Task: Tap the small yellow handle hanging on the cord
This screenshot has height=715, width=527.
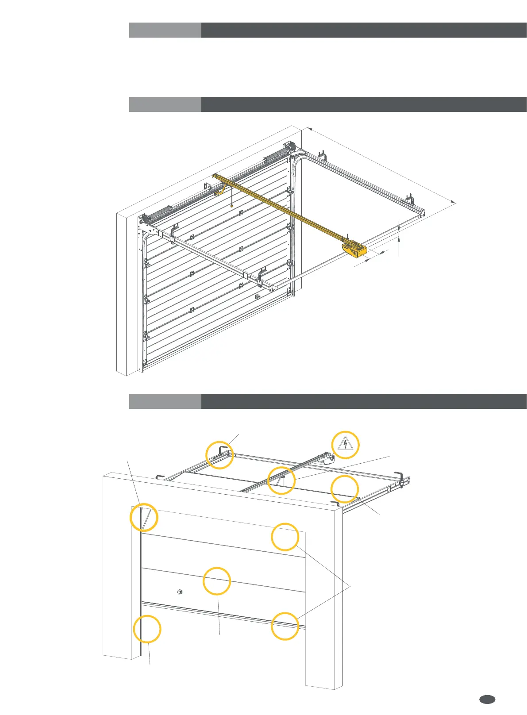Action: tap(232, 205)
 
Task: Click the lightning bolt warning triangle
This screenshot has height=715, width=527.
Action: tap(345, 444)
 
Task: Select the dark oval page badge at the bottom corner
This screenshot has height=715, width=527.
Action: tap(487, 699)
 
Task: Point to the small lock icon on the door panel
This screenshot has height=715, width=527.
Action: tap(180, 592)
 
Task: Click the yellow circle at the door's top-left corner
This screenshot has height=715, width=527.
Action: tap(144, 517)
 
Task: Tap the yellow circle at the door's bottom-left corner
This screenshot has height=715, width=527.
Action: tap(147, 629)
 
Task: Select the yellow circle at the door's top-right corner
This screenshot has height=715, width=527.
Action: tap(285, 537)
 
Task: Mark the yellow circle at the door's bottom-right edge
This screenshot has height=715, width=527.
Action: tap(285, 626)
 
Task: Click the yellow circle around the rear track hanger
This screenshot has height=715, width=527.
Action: tap(219, 455)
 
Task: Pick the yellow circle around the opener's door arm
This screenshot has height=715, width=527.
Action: tap(281, 480)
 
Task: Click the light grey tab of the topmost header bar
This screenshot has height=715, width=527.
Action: tap(165, 30)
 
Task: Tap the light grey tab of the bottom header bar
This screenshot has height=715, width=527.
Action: tap(165, 401)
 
